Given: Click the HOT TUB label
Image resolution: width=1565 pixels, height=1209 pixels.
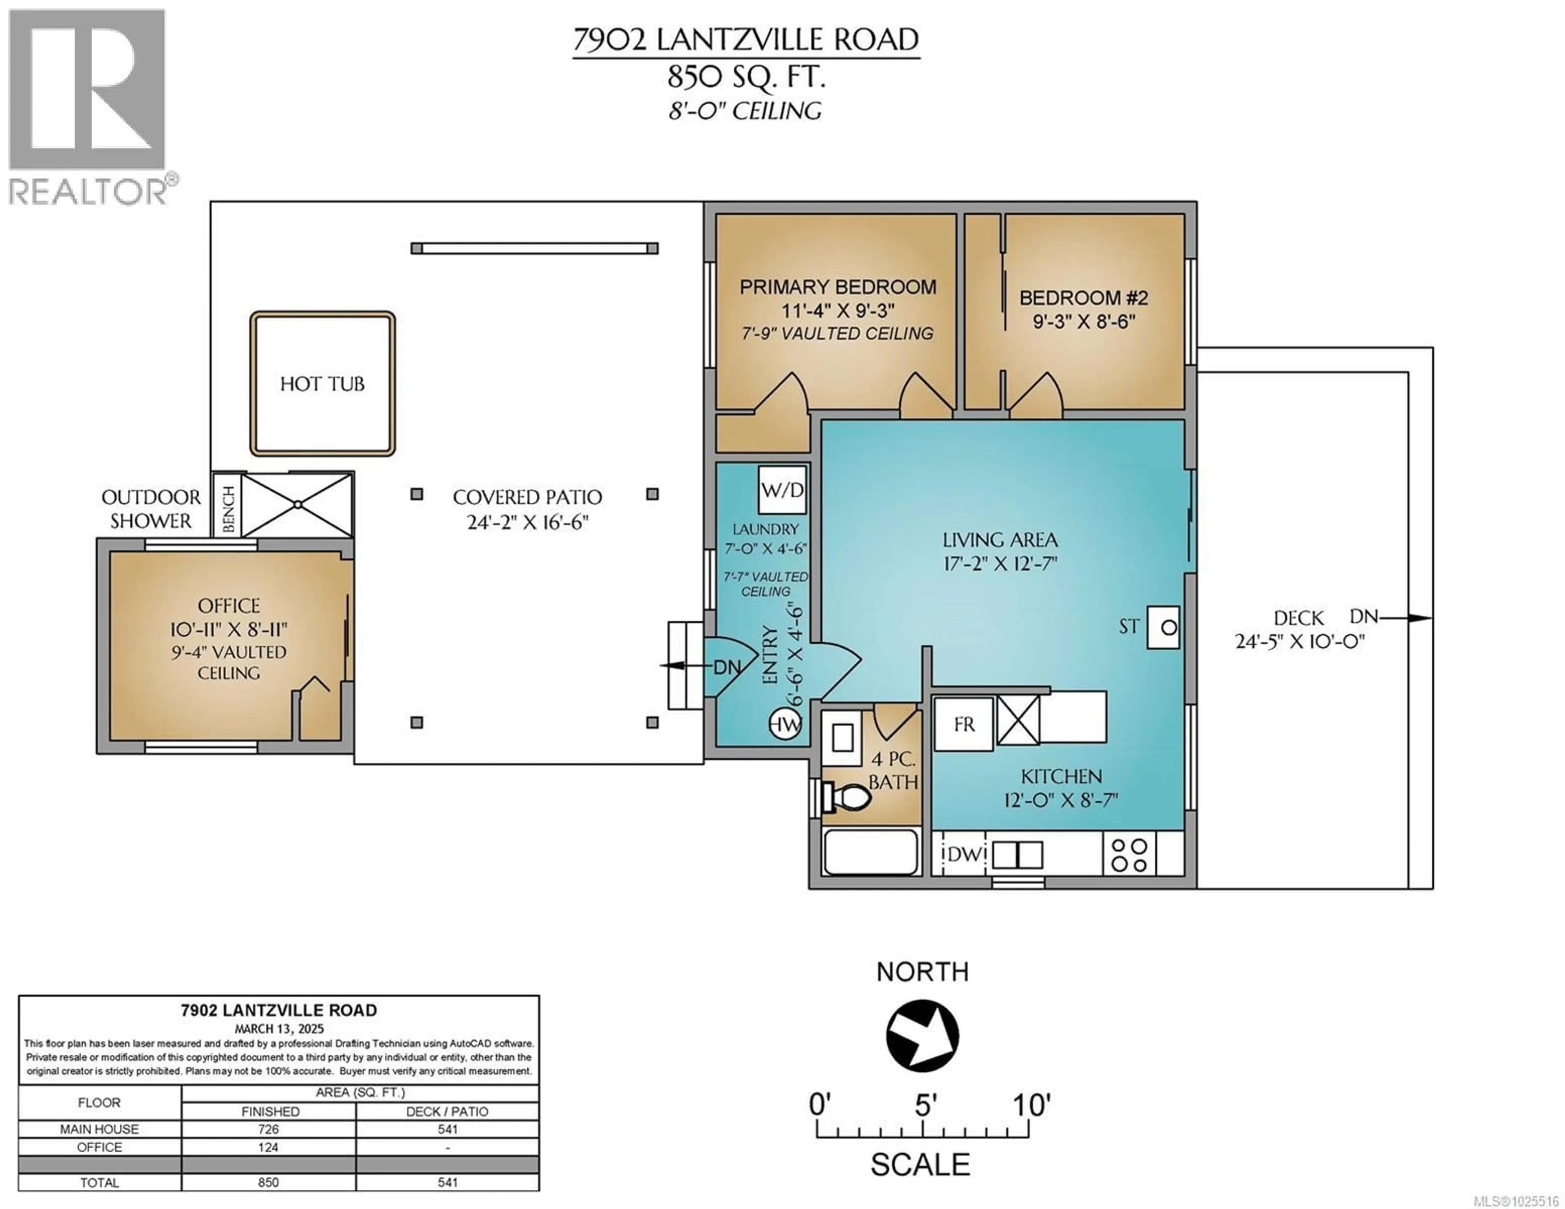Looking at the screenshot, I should tap(322, 384).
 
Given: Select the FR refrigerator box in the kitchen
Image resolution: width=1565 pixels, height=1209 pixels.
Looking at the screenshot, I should tap(964, 725).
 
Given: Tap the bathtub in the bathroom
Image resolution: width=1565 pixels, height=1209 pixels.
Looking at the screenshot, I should tap(871, 852).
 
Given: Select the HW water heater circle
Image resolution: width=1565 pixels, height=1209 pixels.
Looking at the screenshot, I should tap(785, 725).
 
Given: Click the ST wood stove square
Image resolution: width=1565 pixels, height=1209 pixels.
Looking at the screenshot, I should tap(1163, 628).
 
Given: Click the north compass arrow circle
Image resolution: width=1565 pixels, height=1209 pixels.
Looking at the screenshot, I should tap(922, 1035).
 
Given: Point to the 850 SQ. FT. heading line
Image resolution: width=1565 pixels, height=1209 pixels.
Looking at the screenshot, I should tap(746, 77).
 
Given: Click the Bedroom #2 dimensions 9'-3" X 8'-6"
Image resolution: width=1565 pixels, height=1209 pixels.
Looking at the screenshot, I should tap(1083, 322).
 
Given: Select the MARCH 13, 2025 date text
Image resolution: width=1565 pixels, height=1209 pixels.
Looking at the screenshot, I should tap(279, 1028).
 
